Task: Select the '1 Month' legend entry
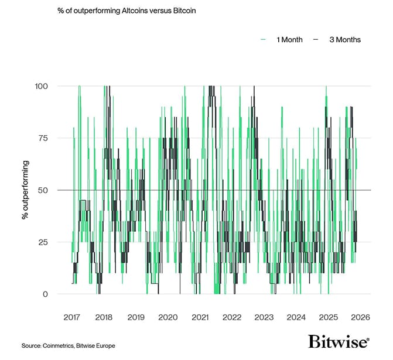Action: coord(285,40)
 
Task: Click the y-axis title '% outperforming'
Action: coord(26,190)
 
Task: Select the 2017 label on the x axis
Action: coord(72,317)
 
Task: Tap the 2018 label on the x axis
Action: coord(104,317)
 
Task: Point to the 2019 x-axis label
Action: coord(136,317)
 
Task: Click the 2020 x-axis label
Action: coord(168,317)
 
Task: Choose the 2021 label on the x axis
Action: coord(200,317)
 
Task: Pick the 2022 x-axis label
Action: coord(232,317)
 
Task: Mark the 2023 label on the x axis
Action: coord(264,317)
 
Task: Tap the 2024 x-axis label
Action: coord(296,317)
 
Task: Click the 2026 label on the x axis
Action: coord(360,317)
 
